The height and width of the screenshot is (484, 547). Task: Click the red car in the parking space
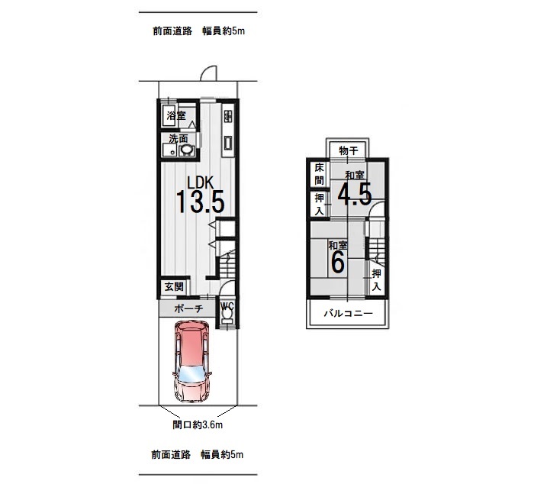pos(192,361)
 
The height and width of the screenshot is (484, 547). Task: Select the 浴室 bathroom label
pos(176,115)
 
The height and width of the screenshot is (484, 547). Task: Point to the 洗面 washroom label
pos(179,139)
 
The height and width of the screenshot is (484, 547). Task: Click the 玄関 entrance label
pos(174,287)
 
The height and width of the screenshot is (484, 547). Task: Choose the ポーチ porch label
pos(188,308)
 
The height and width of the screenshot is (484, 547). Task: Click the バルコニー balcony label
pos(349,313)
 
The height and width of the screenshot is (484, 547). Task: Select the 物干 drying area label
pos(349,151)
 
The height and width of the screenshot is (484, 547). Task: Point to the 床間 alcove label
pos(319,174)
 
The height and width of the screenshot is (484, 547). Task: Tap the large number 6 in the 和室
pos(338,262)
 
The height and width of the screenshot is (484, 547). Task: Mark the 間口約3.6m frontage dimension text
pos(198,424)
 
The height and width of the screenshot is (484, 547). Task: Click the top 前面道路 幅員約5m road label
pos(199,31)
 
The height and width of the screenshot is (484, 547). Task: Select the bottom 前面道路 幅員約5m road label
pos(198,455)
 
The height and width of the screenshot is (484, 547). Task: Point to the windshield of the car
pos(191,376)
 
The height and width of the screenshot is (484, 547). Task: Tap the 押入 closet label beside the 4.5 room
pos(319,205)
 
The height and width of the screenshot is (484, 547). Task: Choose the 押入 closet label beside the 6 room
pos(376,280)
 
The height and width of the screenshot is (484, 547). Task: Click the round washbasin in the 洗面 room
pos(187,150)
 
